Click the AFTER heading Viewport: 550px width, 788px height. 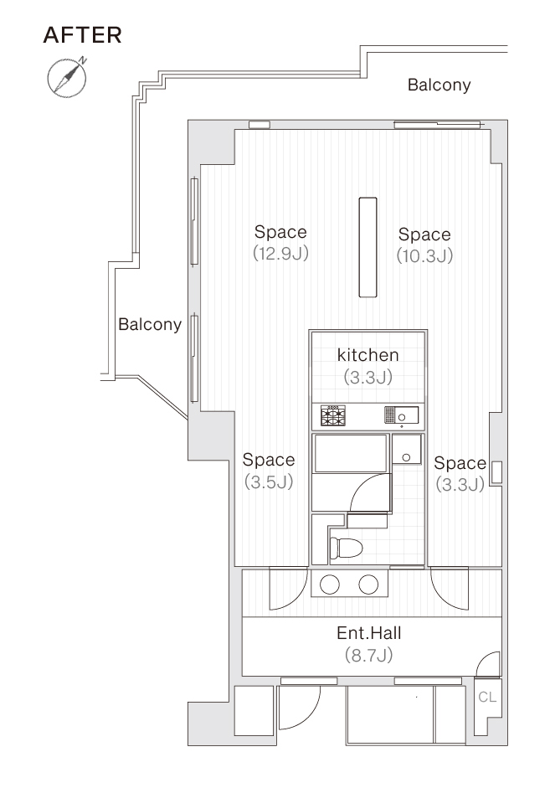pos(83,35)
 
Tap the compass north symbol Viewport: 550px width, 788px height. pos(67,78)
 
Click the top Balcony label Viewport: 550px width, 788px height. pos(439,85)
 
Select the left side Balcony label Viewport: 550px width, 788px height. pos(150,324)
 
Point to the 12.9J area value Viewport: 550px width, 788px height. pos(280,253)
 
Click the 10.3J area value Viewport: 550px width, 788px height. pos(425,255)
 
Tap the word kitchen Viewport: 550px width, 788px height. pos(368,355)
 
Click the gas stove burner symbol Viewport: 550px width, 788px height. pos(333,415)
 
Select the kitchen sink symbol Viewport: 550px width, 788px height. pos(401,415)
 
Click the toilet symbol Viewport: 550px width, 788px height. pos(346,547)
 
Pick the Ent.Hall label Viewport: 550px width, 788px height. pos(369,633)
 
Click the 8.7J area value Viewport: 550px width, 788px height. pos(368,655)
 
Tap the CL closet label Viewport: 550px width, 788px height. pos(487,697)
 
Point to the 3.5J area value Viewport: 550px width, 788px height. pos(269,482)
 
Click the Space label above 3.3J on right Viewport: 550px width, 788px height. pos(460,463)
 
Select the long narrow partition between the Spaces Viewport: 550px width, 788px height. pos(368,247)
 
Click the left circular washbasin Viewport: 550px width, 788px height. pos(330,584)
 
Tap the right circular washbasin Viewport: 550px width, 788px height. pos(368,584)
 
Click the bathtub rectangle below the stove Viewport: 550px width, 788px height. pos(351,453)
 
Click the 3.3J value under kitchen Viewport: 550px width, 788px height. pos(368,377)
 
